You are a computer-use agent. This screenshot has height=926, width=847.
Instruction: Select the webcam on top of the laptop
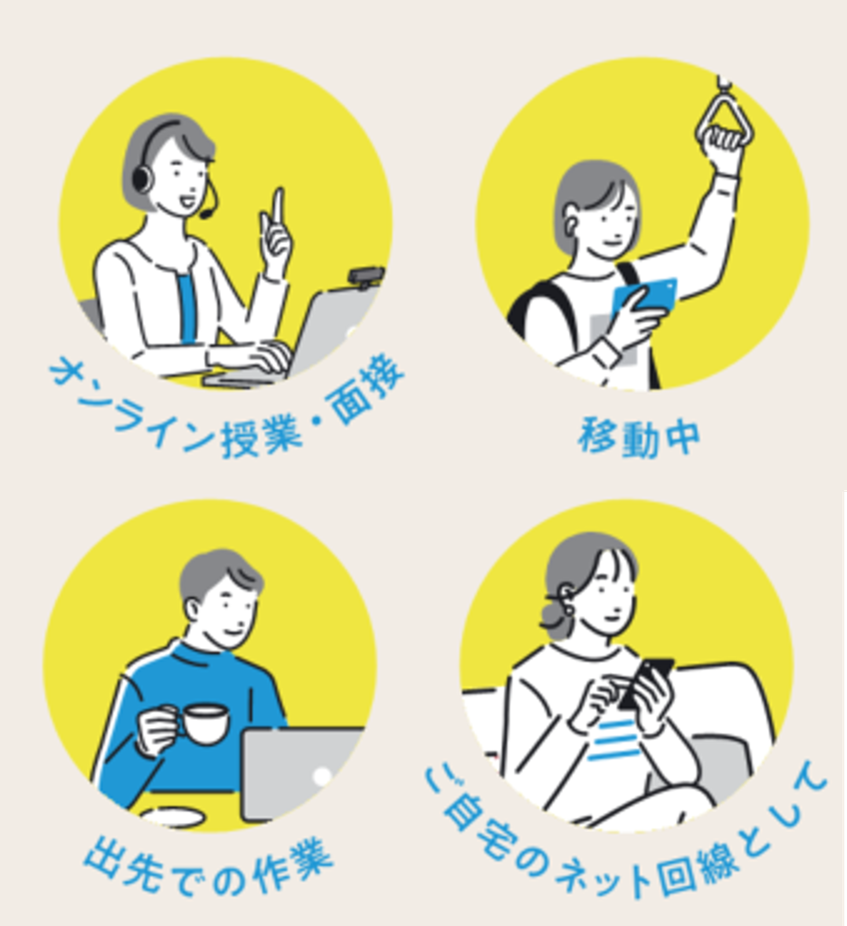pos(365,277)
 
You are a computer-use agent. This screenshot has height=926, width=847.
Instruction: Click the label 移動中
pos(639,438)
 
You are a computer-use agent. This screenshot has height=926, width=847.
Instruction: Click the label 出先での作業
pos(208,865)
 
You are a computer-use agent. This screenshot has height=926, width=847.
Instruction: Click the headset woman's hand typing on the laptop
pos(262,356)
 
